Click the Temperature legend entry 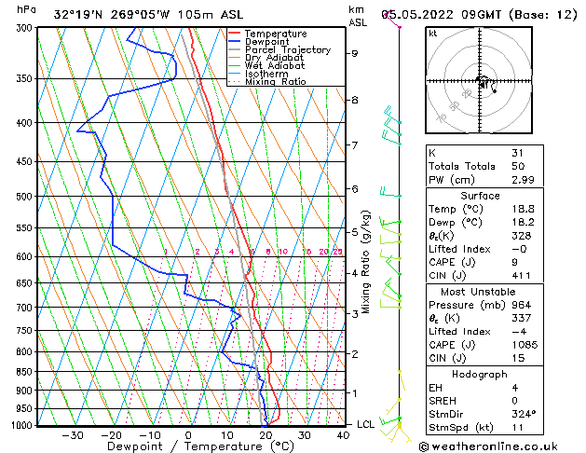point(275,34)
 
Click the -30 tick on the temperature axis point(72,434)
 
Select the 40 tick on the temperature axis point(344,434)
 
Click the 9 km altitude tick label point(355,53)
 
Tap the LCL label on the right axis point(367,424)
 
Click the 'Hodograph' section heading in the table point(480,374)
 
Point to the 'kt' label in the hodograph point(432,33)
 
